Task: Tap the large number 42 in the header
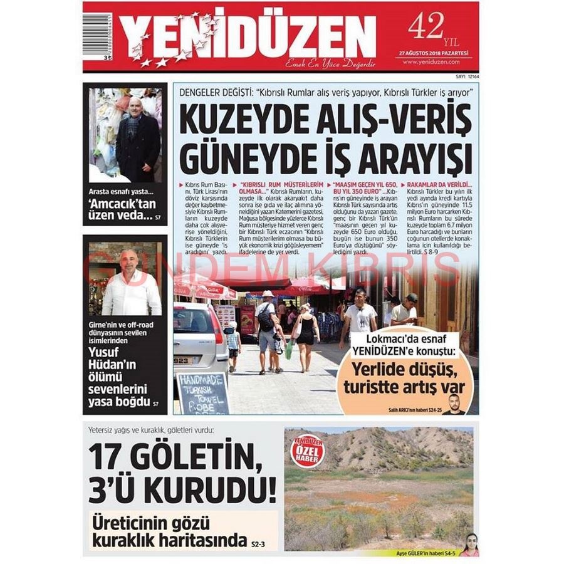click(426, 26)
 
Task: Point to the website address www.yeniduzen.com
click(431, 61)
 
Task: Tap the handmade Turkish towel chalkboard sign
click(202, 392)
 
